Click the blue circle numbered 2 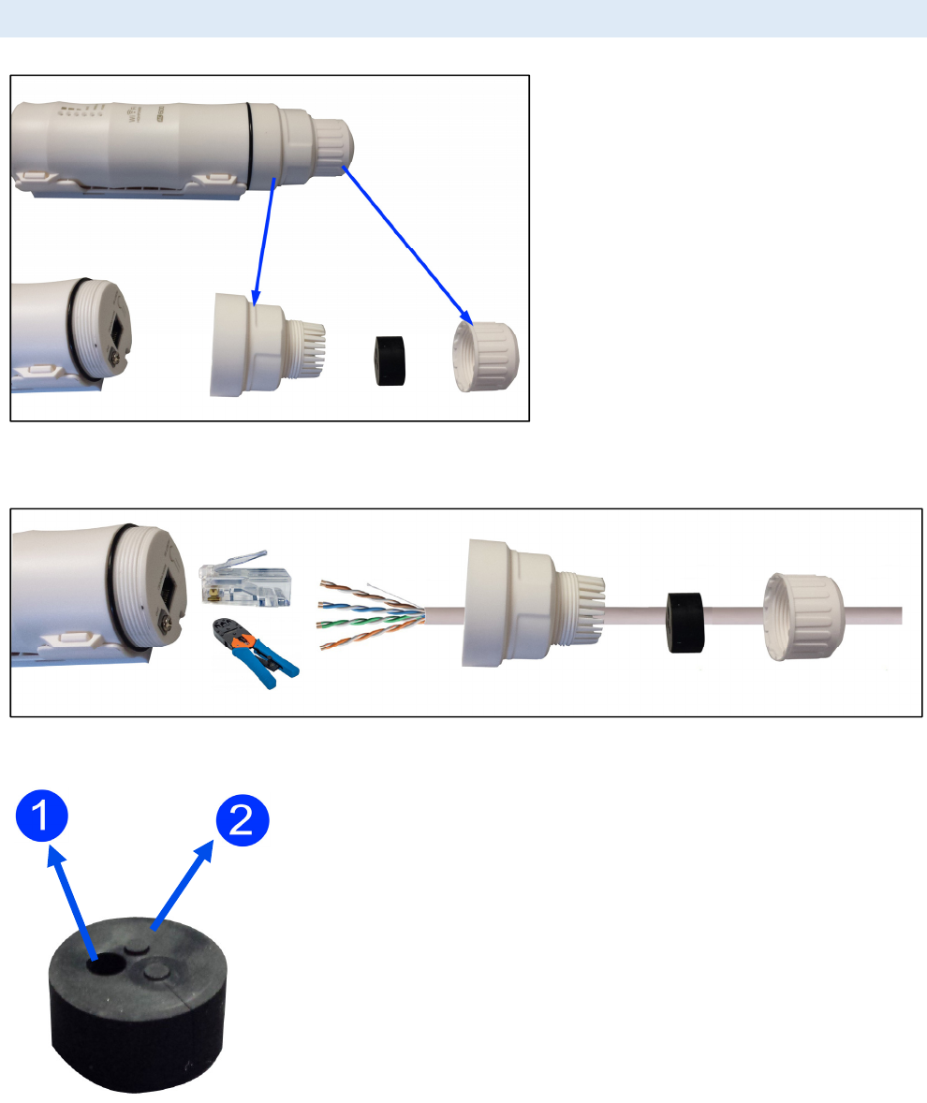(243, 824)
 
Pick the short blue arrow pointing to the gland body (264, 240)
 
